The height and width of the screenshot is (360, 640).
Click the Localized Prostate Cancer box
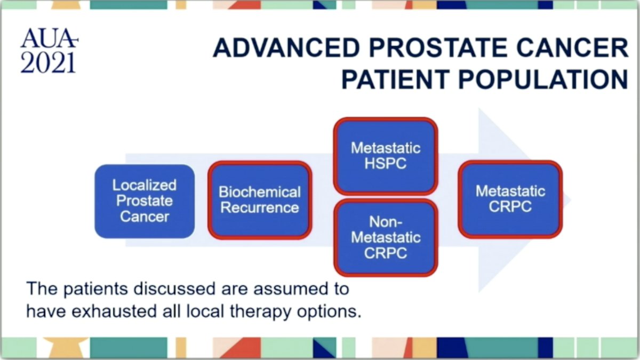145,201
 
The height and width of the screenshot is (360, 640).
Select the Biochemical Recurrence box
260,200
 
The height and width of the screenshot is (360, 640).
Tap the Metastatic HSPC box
386,156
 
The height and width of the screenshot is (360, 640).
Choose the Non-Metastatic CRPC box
386,237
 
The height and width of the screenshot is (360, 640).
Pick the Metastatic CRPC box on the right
510,199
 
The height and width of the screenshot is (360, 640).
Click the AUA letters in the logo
49,38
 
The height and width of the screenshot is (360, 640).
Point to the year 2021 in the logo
48,62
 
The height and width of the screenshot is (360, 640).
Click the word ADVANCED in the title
286,47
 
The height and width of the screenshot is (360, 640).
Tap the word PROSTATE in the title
439,47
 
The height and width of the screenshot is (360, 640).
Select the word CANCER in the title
572,47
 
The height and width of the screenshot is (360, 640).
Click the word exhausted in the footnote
114,311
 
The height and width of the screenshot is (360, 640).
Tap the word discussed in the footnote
174,289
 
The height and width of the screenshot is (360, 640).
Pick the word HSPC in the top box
386,164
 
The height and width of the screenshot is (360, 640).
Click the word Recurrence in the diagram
260,207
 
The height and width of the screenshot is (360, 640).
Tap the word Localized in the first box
145,185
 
